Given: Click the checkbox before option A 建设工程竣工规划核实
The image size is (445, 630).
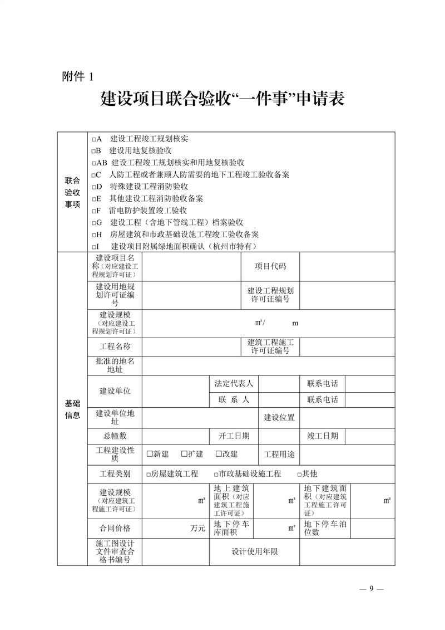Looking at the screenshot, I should coord(94,139).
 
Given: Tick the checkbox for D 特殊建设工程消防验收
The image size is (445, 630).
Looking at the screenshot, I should coord(94,187).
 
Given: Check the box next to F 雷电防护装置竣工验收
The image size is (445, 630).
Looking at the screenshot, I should coord(94,211).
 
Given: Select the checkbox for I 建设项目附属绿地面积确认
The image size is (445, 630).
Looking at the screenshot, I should coord(94,247).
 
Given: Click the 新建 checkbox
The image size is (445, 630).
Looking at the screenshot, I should coord(149,454).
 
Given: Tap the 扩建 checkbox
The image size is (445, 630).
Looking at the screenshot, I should coord(184,454).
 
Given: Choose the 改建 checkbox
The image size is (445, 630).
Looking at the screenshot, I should coord(219,454).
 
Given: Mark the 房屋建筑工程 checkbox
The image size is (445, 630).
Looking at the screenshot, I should coord(148,474).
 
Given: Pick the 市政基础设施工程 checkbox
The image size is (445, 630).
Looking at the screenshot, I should coord(216,474).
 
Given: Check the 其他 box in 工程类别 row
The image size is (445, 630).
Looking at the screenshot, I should coord(299,474).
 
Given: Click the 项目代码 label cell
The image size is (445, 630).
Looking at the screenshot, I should coord(270,266).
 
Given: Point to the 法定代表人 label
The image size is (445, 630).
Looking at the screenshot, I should coord(234,383).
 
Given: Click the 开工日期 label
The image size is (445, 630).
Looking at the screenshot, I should coord(234,436).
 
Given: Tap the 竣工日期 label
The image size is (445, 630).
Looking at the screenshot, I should coord(322,436).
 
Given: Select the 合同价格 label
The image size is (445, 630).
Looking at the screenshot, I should coord(115,528).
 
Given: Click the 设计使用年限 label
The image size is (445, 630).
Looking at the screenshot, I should coord(254,552).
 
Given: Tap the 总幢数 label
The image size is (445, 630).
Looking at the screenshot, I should coord(115,436).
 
